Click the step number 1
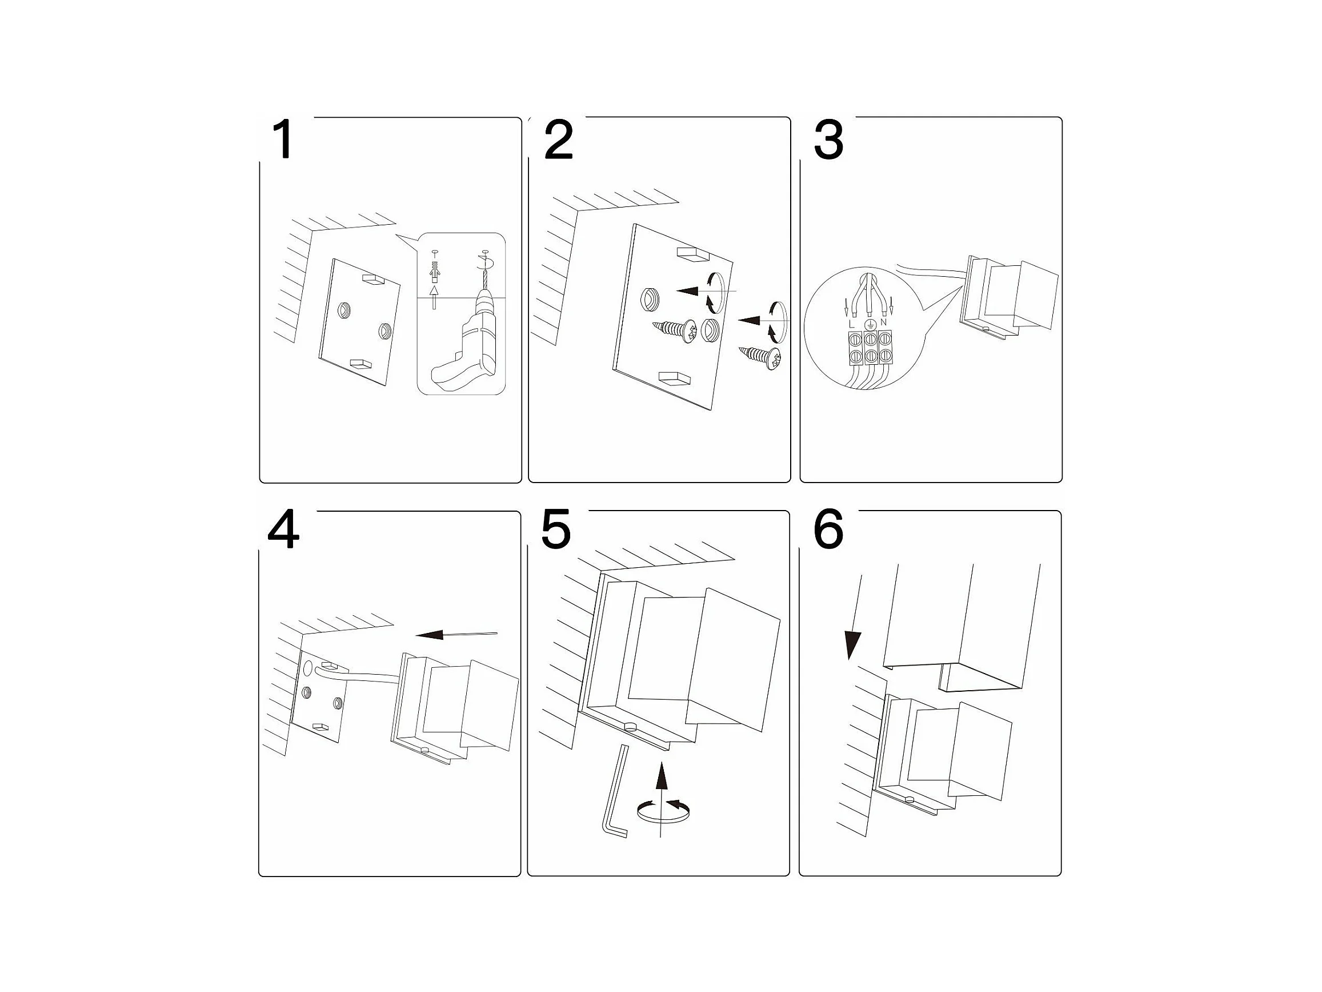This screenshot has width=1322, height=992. (x=283, y=140)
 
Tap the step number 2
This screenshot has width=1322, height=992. (x=558, y=140)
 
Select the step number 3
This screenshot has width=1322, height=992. (x=828, y=140)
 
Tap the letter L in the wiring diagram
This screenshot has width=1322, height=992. (x=852, y=324)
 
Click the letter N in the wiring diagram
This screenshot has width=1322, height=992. (x=883, y=323)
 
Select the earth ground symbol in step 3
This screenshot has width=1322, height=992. (x=871, y=324)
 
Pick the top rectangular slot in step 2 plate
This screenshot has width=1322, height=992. (x=692, y=255)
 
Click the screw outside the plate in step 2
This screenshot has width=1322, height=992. (x=761, y=356)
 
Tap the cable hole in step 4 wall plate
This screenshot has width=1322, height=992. (x=308, y=668)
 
